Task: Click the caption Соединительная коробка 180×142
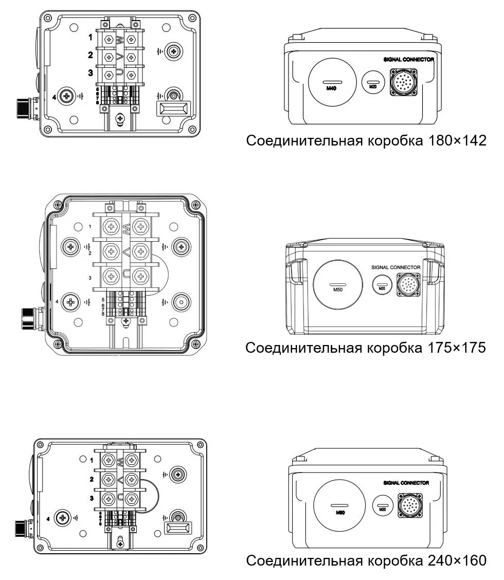[x=366, y=140]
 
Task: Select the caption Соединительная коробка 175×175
[x=366, y=348]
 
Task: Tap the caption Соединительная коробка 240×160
[x=366, y=560]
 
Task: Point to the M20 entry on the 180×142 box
[x=374, y=83]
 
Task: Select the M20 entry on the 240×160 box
[x=382, y=506]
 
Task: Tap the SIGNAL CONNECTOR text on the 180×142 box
[x=409, y=60]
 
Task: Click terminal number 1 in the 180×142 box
[x=89, y=38]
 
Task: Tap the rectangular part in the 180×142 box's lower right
[x=173, y=110]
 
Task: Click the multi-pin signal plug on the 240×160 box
[x=409, y=506]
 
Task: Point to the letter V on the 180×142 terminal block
[x=119, y=56]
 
